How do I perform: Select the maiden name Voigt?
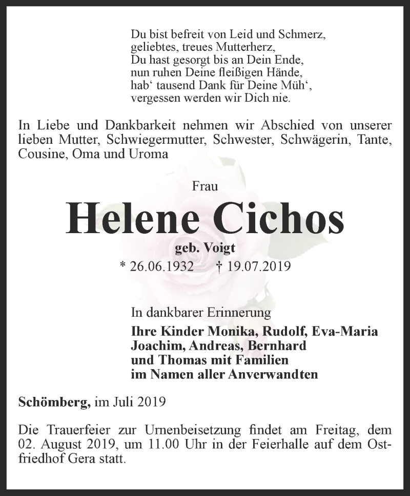tap(219, 249)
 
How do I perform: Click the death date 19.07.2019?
tap(260, 266)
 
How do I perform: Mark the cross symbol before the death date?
tap(219, 266)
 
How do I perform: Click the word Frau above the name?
tap(205, 186)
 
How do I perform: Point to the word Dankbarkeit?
tap(120, 126)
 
